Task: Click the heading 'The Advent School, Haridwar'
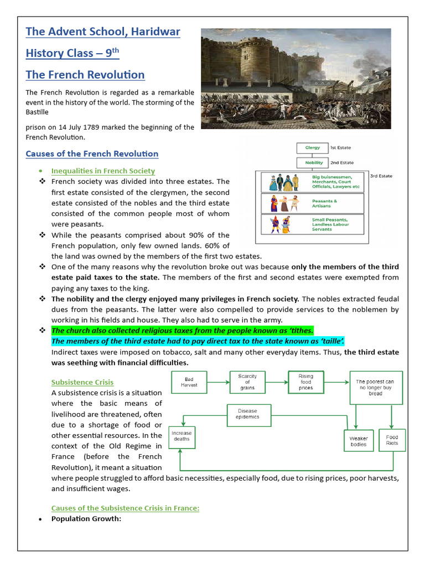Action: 103,32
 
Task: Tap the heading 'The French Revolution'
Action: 85,75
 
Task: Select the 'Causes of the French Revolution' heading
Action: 92,154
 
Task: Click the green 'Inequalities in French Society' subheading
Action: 103,171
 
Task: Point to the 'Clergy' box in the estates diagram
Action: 313,148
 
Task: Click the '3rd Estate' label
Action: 381,176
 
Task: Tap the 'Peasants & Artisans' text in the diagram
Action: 324,204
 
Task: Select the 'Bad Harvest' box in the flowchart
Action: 189,382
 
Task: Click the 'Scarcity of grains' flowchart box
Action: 247,382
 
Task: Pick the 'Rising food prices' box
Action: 305,382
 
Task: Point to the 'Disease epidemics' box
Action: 247,414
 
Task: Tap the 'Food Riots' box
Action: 392,440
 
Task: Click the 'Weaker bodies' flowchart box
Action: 358,441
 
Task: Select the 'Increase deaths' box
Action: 181,436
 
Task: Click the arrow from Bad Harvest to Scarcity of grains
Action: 218,382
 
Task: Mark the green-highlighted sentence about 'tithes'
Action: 183,331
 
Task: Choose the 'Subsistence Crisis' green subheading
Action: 82,382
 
